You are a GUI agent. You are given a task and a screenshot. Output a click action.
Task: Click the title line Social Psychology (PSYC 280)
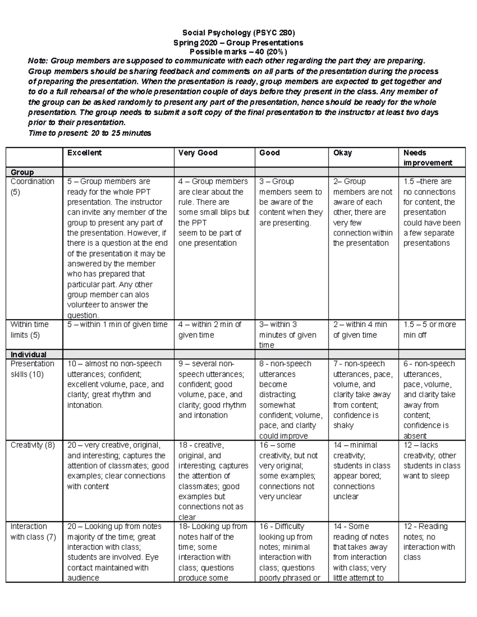pos(238,33)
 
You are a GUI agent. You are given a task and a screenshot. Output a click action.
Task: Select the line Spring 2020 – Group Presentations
pos(238,43)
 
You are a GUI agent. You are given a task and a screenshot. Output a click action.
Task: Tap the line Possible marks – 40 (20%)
pos(238,52)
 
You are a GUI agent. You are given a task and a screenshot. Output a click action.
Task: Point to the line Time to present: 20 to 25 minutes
pos(89,133)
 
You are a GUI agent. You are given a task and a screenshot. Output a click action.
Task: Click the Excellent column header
pos(84,153)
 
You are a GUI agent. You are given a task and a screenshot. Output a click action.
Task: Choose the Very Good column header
pos(198,153)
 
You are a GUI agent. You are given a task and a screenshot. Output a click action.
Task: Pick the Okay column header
pos(342,153)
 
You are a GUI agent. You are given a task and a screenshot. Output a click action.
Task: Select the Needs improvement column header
pos(428,158)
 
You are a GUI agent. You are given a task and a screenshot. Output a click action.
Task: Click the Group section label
pos(22,172)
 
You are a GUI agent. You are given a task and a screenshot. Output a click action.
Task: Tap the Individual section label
pos(28,354)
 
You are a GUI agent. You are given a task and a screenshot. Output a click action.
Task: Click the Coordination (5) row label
pos(32,187)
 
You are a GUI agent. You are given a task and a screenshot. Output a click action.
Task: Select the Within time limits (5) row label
pos(29,329)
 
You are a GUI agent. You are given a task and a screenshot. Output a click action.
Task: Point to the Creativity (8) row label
pos(33,445)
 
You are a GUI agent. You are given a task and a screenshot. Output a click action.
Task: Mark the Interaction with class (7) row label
pos(33,532)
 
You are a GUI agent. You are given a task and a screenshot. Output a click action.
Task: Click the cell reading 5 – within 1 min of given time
pos(117,325)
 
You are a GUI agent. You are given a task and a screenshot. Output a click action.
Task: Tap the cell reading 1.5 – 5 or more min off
pos(429,329)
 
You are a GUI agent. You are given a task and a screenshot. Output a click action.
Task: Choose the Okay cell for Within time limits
pos(360,329)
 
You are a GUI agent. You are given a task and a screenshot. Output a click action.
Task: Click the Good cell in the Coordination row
pos(291,202)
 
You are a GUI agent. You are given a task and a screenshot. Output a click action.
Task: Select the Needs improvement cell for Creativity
pos(431,460)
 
